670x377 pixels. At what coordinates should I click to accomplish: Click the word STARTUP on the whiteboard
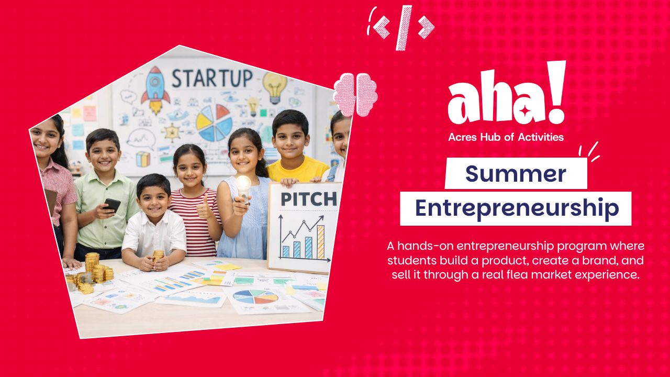point(212,78)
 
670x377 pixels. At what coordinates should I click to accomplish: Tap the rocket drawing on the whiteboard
point(155,90)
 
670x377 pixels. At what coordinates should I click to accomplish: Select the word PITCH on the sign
point(309,199)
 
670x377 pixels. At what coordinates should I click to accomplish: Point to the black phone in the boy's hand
point(112,205)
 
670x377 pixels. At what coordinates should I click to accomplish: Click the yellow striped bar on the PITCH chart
point(320,242)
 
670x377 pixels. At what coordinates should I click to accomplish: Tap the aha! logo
point(507,93)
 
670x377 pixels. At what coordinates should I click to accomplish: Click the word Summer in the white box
point(516,174)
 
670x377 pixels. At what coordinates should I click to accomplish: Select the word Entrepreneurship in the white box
point(517,208)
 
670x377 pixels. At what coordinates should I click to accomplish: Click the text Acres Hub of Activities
point(506,137)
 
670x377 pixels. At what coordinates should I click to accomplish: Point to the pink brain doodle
point(355,94)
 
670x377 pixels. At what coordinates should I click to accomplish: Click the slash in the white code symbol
point(404,28)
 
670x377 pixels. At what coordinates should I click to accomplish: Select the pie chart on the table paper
point(255,297)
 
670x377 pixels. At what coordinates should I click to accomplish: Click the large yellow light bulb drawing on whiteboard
point(275,87)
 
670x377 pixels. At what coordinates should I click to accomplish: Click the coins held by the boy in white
point(158,257)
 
